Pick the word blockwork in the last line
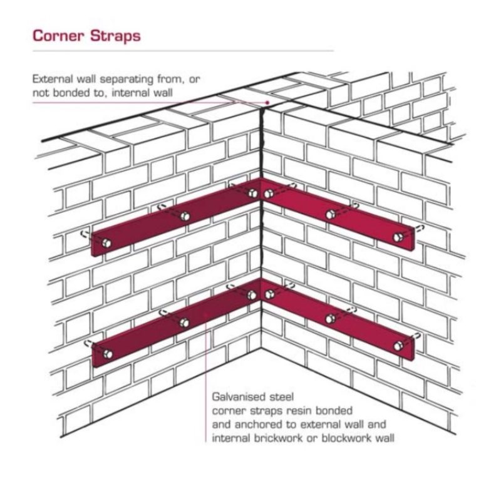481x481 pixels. tap(344, 438)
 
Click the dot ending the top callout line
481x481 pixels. tap(267, 102)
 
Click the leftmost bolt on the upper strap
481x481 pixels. tap(106, 243)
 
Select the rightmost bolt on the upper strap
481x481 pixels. tap(399, 236)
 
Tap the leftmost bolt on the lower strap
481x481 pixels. tap(106, 354)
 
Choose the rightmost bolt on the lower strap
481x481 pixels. tap(399, 346)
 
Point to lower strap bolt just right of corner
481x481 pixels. tap(270, 293)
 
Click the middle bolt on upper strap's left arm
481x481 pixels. tap(185, 216)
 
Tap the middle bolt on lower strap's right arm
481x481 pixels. tap(331, 319)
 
